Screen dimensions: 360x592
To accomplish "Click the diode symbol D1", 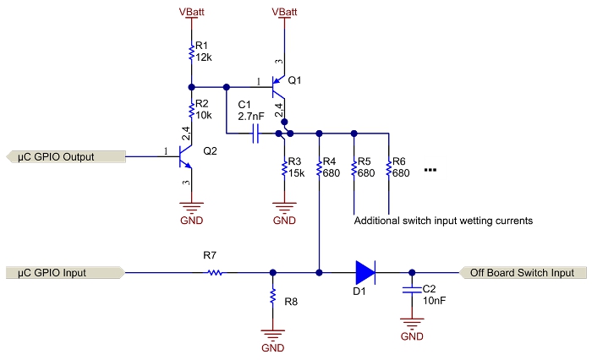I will click(365, 272).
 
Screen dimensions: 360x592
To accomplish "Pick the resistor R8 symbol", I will click(272, 297).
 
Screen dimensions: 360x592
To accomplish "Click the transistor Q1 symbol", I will click(279, 88).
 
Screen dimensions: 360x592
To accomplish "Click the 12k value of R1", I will click(203, 57).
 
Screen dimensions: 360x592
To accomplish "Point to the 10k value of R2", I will click(203, 114).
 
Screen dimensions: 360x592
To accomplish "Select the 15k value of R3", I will click(296, 173).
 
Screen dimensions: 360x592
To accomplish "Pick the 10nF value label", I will click(432, 301).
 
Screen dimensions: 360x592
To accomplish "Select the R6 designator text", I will click(401, 161).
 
